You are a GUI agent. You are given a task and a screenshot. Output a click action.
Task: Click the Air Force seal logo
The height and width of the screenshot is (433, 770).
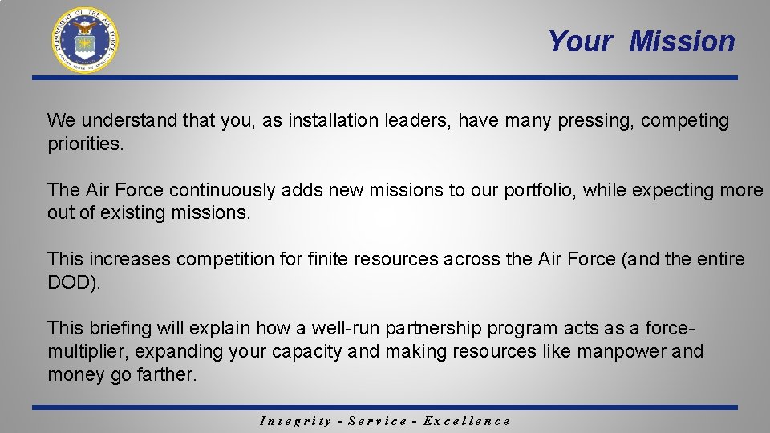(85, 40)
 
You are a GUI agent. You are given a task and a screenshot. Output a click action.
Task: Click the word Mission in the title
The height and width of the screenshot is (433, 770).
(682, 41)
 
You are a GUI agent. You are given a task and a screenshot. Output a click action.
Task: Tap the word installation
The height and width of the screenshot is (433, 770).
(334, 121)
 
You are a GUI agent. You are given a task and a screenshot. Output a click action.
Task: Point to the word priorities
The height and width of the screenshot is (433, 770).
(84, 144)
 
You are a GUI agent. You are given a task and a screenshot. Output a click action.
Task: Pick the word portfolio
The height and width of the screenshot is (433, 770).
(539, 191)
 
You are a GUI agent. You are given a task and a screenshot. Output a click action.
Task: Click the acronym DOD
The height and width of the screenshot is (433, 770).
(72, 282)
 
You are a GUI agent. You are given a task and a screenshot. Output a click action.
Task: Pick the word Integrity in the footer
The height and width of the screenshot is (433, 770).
(296, 421)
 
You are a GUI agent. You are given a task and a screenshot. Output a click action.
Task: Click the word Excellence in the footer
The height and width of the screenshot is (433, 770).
(466, 421)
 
